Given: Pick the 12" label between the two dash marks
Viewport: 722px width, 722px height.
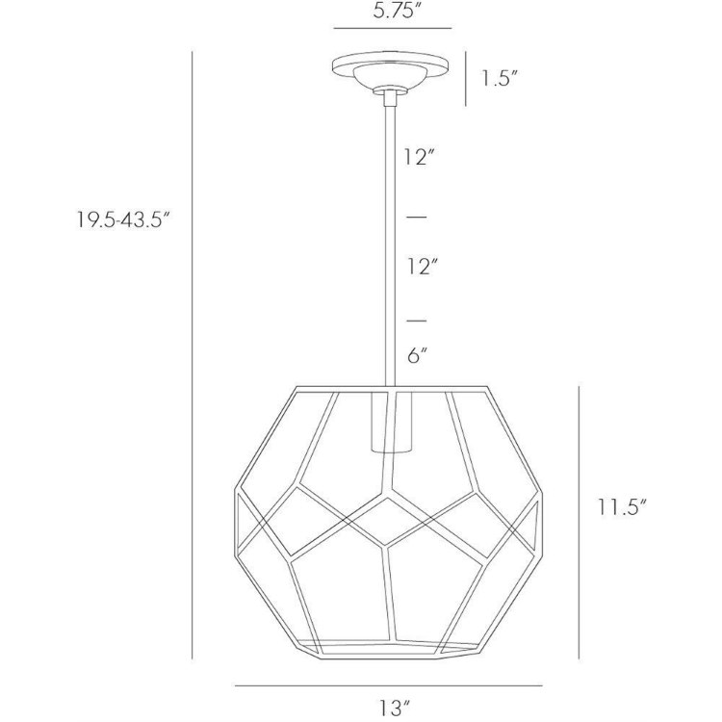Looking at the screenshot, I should point(421,266).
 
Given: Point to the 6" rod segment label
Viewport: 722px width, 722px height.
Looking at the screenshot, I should point(416,355).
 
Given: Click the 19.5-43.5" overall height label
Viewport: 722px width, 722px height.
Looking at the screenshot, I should point(124,219).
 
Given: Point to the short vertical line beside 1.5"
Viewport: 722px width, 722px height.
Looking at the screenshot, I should point(466,77).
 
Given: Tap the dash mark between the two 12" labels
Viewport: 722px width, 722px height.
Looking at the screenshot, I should point(416,217).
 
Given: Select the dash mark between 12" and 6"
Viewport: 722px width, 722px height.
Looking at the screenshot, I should point(416,319).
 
